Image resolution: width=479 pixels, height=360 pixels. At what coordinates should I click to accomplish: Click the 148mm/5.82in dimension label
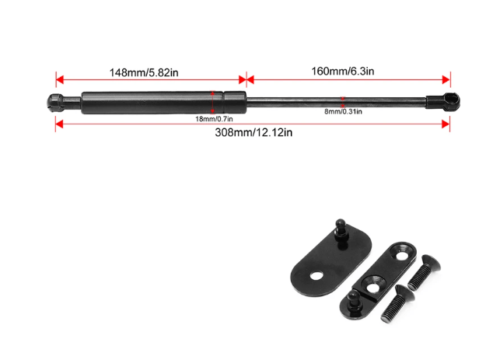[x=144, y=72]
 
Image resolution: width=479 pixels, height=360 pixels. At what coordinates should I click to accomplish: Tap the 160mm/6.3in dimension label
[x=343, y=72]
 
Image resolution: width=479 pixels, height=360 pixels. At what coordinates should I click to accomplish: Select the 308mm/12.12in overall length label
[x=253, y=132]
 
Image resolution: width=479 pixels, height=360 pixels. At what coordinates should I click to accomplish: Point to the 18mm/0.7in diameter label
[x=214, y=119]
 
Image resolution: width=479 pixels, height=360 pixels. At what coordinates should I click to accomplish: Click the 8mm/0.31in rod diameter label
[x=343, y=111]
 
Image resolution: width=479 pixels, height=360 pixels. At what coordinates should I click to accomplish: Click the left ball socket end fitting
[x=56, y=102]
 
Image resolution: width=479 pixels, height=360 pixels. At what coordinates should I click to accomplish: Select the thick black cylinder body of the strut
[x=164, y=103]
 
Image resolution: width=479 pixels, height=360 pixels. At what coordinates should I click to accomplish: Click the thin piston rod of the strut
[x=336, y=103]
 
